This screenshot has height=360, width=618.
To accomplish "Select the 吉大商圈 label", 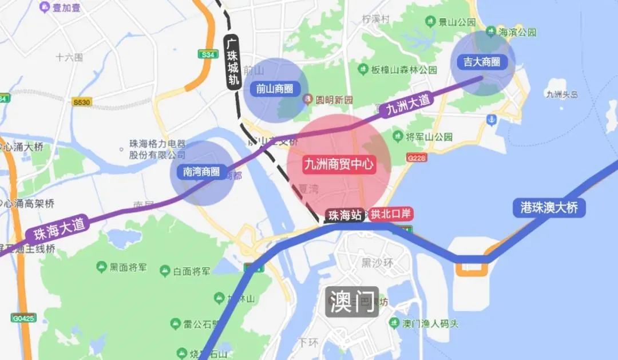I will pos(481,62).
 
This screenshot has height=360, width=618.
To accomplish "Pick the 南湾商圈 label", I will pos(202,172).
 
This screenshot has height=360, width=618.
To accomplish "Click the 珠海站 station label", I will pos(344,215).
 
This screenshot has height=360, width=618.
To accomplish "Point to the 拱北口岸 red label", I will pos(391,215).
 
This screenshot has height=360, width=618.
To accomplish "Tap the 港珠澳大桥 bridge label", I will pos(549,207).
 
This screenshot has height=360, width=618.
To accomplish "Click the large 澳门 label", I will pos(352,300).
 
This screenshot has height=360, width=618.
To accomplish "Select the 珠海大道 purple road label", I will pos(60,229).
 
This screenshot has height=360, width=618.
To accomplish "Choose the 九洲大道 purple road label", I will pos(408,105).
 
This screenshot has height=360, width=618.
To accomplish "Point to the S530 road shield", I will pos(82,102).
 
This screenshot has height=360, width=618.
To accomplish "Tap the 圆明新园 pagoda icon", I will pos(308,100).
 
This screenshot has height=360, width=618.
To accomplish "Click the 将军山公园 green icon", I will pos(397,137).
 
